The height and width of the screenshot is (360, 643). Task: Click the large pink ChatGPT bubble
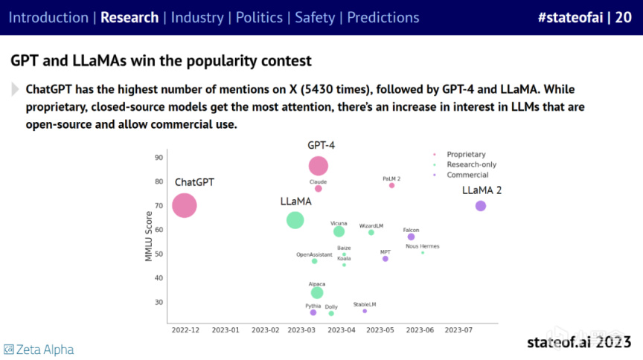(x=184, y=205)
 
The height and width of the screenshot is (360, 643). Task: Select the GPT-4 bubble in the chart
(x=319, y=166)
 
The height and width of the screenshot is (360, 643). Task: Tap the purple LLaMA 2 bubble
(x=481, y=206)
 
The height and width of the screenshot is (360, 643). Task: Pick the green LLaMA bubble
(x=295, y=219)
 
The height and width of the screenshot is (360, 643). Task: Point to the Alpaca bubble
(x=317, y=292)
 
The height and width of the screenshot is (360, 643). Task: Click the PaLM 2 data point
(x=391, y=185)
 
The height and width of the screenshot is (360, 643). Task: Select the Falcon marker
(x=411, y=237)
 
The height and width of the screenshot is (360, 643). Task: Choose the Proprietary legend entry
(x=462, y=153)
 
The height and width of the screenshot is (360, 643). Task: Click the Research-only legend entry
(x=466, y=164)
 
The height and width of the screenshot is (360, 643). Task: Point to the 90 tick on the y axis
(x=159, y=158)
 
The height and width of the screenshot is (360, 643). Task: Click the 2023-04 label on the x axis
(x=342, y=329)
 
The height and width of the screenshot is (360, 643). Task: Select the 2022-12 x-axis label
(x=186, y=329)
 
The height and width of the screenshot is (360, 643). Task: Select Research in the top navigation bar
(x=129, y=17)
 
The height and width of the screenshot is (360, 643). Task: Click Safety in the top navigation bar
(x=315, y=17)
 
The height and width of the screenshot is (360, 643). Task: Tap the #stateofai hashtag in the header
(x=569, y=17)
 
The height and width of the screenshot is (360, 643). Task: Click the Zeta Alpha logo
(x=39, y=349)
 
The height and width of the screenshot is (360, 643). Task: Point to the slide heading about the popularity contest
(x=161, y=59)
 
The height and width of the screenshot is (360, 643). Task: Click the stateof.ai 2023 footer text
(x=579, y=342)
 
